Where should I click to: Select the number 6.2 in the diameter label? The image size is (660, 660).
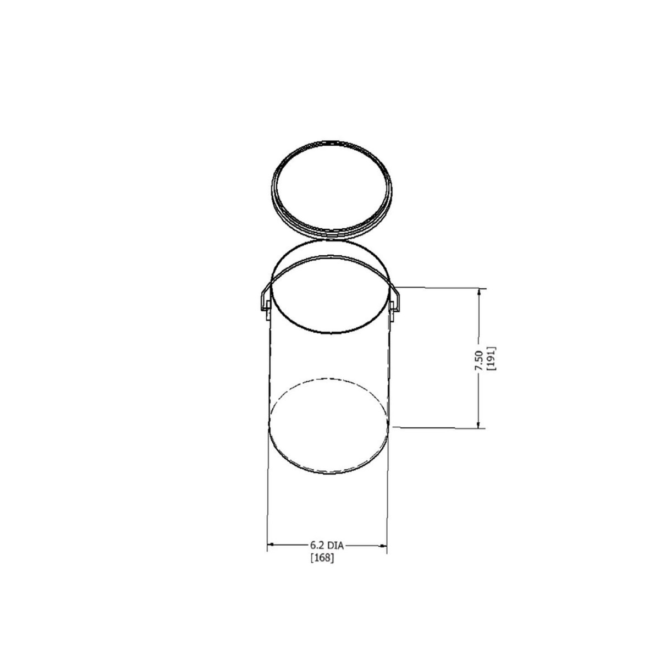tap(317, 546)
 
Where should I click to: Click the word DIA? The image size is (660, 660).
tap(335, 546)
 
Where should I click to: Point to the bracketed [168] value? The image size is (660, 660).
tap(322, 558)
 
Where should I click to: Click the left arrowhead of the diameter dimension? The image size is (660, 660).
tap(271, 546)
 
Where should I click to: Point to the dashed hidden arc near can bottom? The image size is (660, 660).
tap(330, 378)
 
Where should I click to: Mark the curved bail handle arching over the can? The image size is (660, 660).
tap(330, 256)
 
